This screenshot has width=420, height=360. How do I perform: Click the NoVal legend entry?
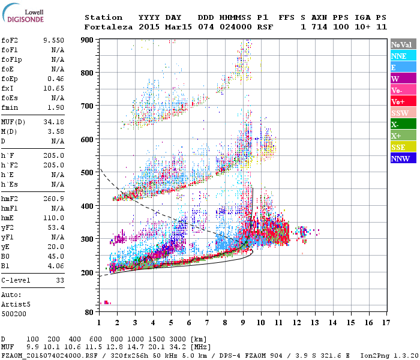point(401,44)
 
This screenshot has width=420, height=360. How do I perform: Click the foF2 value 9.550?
point(53,40)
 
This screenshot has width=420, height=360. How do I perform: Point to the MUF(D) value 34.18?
point(53,122)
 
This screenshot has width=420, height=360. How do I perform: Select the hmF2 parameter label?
point(11,199)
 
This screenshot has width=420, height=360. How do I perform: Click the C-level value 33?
point(60,280)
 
